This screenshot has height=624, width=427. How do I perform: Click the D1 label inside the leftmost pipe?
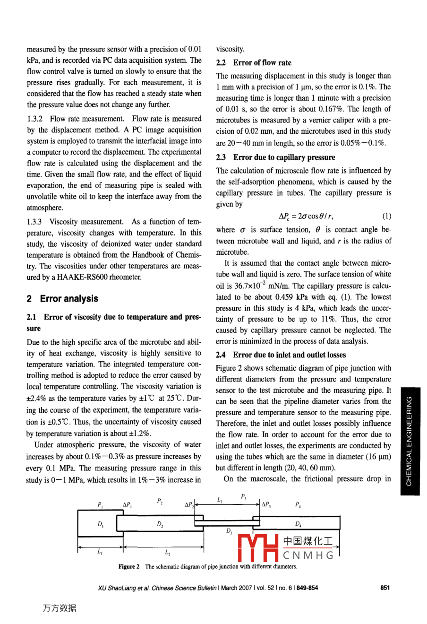point(101,524)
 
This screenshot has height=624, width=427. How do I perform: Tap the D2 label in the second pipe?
point(160,524)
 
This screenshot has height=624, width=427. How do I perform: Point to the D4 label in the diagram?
point(299,523)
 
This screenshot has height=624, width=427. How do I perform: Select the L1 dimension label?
point(100,551)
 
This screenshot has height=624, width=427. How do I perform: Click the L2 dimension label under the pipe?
point(168,551)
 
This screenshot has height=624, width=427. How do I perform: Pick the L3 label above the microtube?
point(220,500)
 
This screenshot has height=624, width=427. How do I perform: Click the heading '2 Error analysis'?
point(63,299)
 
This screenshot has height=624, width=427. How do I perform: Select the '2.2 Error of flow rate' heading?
point(254,62)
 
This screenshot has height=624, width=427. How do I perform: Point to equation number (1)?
point(386,216)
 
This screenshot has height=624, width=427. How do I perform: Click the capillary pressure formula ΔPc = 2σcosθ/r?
point(306,216)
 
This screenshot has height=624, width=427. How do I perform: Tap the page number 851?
point(385,588)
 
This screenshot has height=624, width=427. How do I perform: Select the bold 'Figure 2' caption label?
point(129,566)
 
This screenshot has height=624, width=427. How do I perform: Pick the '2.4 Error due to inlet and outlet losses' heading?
point(281,355)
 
